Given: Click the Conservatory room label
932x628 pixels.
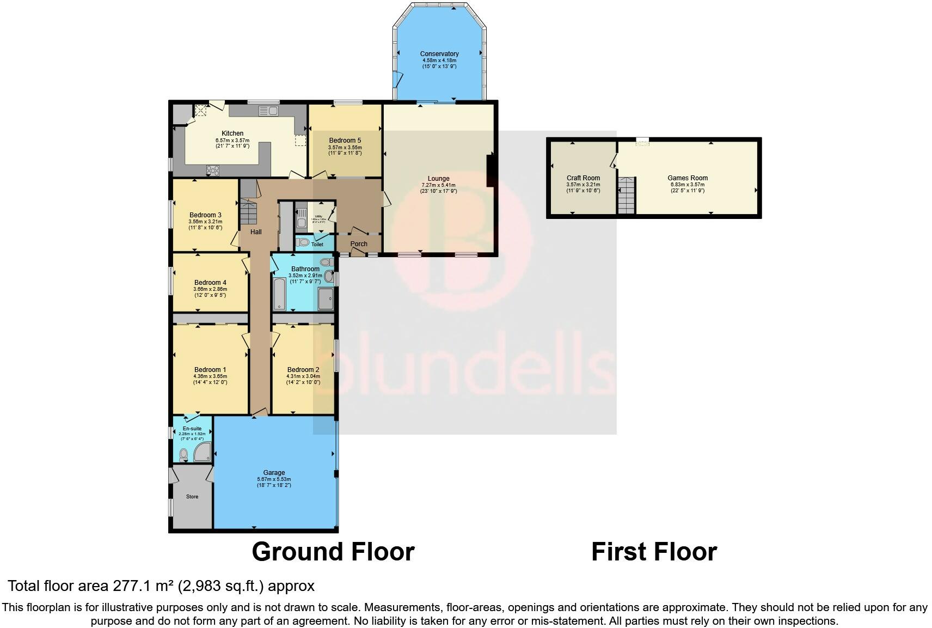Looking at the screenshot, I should (439, 54).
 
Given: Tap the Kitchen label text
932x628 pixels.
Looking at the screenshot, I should (232, 133).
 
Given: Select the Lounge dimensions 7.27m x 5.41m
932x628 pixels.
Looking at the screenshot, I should (438, 185).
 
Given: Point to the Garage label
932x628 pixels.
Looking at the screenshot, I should (274, 473).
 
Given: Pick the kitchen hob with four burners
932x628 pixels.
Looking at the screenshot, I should (212, 170).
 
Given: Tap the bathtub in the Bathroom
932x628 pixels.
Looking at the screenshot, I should (278, 294).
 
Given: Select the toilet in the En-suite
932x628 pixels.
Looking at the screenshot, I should (183, 454).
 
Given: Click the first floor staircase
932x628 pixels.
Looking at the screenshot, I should (627, 196).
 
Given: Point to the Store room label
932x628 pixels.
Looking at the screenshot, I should (192, 497).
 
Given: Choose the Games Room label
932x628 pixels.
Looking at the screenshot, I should (688, 178).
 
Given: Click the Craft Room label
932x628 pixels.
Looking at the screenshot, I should (583, 178).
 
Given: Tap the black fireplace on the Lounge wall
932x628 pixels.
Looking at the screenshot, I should (490, 170).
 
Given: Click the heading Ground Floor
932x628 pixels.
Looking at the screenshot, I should (333, 552).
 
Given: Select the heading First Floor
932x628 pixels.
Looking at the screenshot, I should (654, 552).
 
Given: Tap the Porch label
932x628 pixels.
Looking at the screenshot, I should (359, 244).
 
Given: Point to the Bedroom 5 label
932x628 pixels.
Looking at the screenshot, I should (345, 141).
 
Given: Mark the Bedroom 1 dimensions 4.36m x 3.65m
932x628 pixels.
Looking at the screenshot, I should (210, 376).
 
